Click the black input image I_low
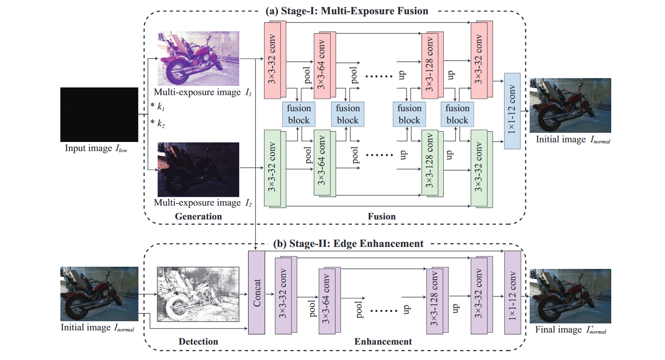click(x=99, y=115)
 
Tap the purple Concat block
click(x=256, y=292)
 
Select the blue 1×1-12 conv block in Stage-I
click(x=512, y=111)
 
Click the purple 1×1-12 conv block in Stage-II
click(x=512, y=292)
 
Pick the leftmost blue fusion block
click(x=299, y=114)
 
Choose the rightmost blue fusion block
click(x=457, y=114)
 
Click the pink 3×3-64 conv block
click(x=322, y=66)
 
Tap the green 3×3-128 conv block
click(x=430, y=163)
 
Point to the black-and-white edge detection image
click(x=198, y=294)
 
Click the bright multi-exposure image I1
click(x=198, y=59)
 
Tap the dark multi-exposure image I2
click(x=198, y=169)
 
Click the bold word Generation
click(x=198, y=217)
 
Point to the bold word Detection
click(x=198, y=342)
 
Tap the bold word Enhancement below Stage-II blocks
click(x=383, y=342)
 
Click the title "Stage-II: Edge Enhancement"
click(x=348, y=244)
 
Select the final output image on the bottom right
click(x=570, y=296)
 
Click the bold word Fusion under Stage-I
click(x=382, y=217)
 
